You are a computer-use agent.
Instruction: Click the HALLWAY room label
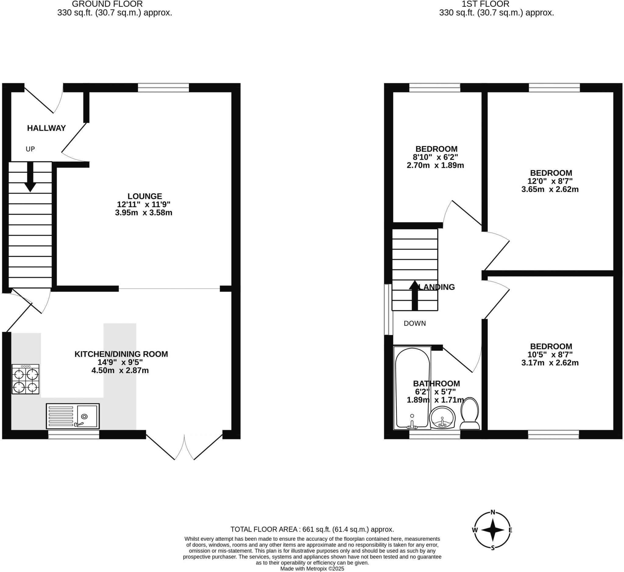[x=46, y=128]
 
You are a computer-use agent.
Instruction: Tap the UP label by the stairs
[x=30, y=149]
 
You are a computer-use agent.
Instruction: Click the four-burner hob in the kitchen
[x=25, y=379]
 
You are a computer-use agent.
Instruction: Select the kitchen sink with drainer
[x=73, y=416]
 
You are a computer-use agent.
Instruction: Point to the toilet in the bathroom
[x=470, y=414]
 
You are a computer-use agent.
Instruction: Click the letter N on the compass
[x=493, y=512]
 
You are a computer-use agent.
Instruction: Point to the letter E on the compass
[x=510, y=530]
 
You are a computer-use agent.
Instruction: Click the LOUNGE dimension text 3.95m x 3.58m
[x=144, y=213]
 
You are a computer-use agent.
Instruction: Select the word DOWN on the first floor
[x=415, y=323]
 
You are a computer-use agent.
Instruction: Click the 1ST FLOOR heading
[x=485, y=4]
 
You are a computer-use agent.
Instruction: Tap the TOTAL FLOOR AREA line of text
[x=312, y=529]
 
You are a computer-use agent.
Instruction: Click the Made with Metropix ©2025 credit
[x=312, y=569]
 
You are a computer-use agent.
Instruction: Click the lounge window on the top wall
[x=163, y=88]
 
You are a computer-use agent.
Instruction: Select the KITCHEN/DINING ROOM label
[x=121, y=354]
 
